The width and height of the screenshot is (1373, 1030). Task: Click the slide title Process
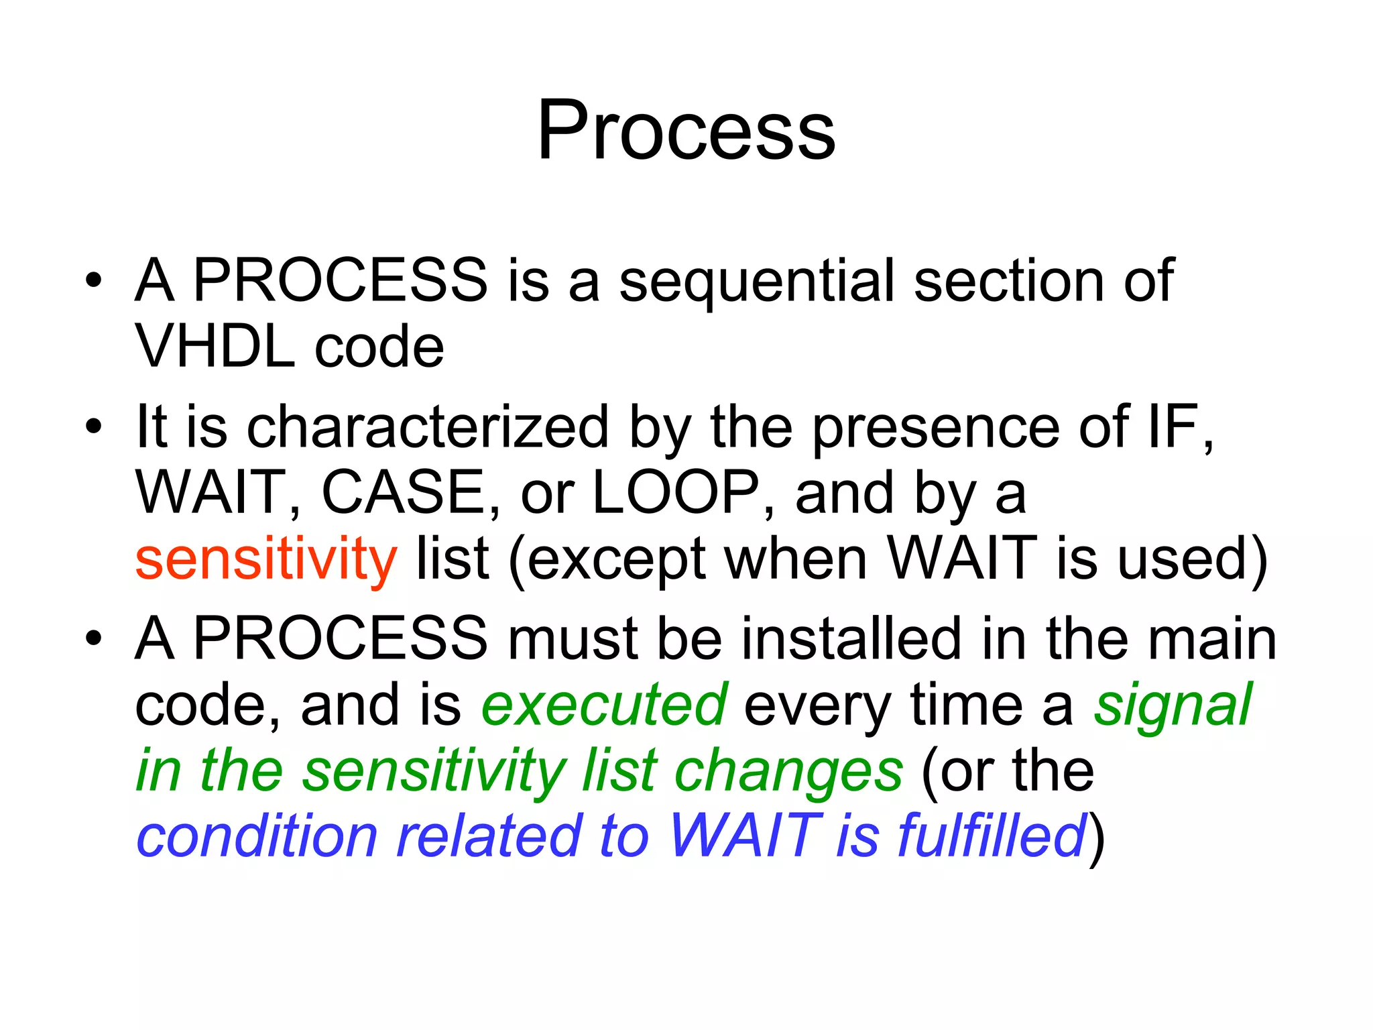pyautogui.click(x=686, y=130)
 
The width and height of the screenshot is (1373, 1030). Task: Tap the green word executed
pyautogui.click(x=604, y=704)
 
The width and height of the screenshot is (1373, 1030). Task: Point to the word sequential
pyautogui.click(x=758, y=282)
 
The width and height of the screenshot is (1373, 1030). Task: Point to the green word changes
pyautogui.click(x=788, y=771)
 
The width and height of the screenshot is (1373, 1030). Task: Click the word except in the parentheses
pyautogui.click(x=617, y=560)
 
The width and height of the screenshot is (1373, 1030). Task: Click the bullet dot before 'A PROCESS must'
pyautogui.click(x=94, y=637)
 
